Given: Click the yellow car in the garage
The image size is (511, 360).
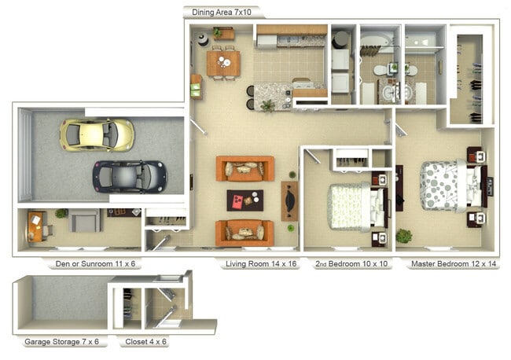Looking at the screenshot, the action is click(x=97, y=135).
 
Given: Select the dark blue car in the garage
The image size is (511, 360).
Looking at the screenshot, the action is click(x=130, y=177).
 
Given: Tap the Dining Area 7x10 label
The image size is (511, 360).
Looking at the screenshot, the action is click(x=222, y=13).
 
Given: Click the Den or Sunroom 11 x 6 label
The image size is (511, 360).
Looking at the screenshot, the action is click(x=95, y=264).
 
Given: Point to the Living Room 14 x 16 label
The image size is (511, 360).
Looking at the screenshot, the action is click(x=261, y=264).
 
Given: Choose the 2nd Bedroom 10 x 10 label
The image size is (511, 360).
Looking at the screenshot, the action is click(x=351, y=264).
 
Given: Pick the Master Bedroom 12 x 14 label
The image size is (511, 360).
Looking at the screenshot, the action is click(x=454, y=264).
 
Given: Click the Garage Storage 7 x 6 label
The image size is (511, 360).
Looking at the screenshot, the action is click(x=61, y=342).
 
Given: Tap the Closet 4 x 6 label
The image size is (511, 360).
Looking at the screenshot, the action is click(x=145, y=342).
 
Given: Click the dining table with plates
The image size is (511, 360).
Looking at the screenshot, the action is click(x=223, y=63).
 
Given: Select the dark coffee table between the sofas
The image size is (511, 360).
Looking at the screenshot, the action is click(x=245, y=200).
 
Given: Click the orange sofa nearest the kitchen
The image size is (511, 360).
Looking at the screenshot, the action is click(x=245, y=168).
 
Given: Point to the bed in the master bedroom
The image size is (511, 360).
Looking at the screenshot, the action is click(x=454, y=186).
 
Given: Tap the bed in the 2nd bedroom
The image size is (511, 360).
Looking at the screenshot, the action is click(x=358, y=207).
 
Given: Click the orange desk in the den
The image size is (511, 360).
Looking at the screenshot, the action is click(x=35, y=226).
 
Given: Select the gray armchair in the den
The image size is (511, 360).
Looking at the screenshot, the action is click(x=84, y=221).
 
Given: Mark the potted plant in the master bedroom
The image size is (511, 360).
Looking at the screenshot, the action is click(x=404, y=236).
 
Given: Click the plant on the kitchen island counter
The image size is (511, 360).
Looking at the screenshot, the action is click(x=268, y=105).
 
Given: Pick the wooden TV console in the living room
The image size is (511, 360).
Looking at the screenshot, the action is click(x=289, y=201).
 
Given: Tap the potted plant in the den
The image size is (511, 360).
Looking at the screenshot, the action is click(x=61, y=213).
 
